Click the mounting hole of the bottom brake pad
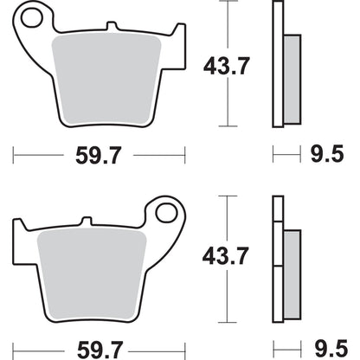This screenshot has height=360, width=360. (164, 211)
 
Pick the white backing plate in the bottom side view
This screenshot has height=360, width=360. (278, 260)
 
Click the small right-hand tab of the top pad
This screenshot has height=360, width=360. (178, 38)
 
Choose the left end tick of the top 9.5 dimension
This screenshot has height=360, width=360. (273, 157)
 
